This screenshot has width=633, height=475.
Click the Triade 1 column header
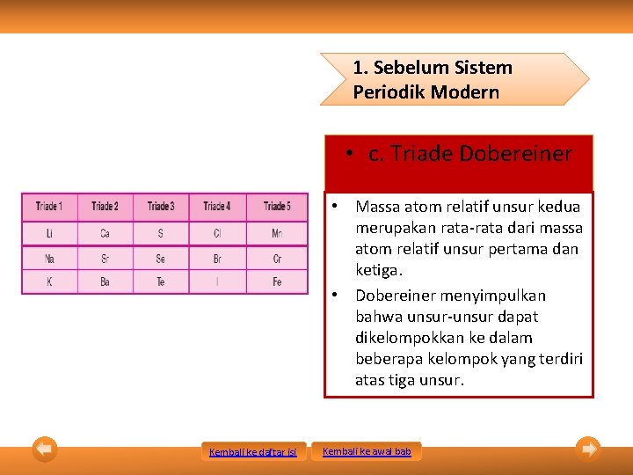(x=49, y=207)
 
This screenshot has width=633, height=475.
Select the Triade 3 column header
(x=161, y=207)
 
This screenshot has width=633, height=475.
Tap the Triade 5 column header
(x=277, y=207)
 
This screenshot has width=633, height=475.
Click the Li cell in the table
(x=49, y=234)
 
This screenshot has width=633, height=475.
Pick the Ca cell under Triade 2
(x=105, y=234)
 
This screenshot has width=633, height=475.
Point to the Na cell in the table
(x=49, y=259)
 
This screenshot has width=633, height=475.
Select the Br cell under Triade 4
(x=217, y=259)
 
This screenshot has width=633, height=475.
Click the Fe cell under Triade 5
(x=277, y=282)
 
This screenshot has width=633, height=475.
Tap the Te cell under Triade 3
(x=161, y=282)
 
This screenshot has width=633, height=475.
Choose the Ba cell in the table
(x=105, y=282)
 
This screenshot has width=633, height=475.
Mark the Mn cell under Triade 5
(x=277, y=234)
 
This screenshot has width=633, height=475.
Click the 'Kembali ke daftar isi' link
(x=252, y=452)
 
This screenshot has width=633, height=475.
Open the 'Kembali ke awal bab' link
(x=367, y=451)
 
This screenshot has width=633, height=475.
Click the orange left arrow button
(x=45, y=449)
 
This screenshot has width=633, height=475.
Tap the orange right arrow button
(x=588, y=449)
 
